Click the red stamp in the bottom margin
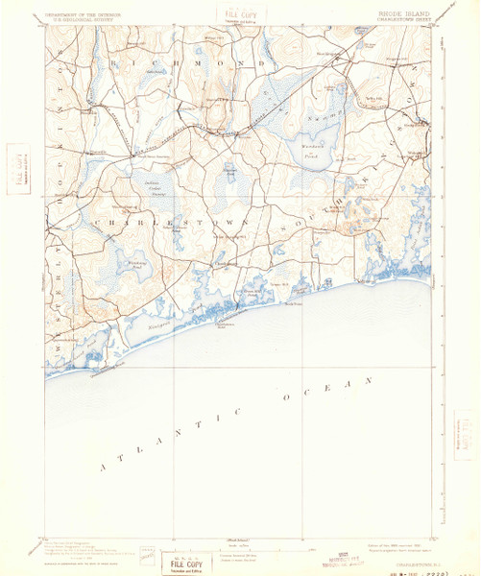point(323,559)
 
